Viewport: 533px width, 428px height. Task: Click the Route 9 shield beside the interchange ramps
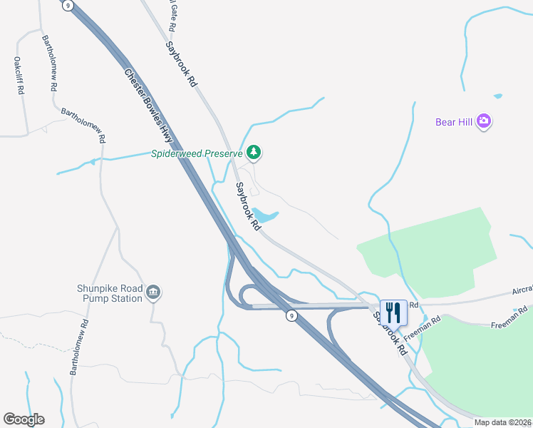(291, 315)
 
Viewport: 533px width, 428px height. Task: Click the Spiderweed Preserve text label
(197, 153)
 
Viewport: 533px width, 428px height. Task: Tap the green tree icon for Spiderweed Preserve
(254, 153)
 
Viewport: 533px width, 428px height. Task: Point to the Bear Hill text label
(455, 122)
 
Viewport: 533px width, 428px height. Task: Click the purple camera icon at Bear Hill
(485, 121)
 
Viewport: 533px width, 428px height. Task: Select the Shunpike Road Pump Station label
(110, 293)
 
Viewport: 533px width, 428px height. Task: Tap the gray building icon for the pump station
(153, 292)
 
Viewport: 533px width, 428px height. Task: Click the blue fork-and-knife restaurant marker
(393, 312)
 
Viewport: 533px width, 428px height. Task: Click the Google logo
(24, 419)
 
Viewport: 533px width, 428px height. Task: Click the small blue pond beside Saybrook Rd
(265, 215)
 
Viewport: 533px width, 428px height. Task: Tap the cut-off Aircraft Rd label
(522, 292)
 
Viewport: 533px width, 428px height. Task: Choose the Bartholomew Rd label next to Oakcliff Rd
(49, 64)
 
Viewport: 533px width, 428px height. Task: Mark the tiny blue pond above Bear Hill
(497, 96)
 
